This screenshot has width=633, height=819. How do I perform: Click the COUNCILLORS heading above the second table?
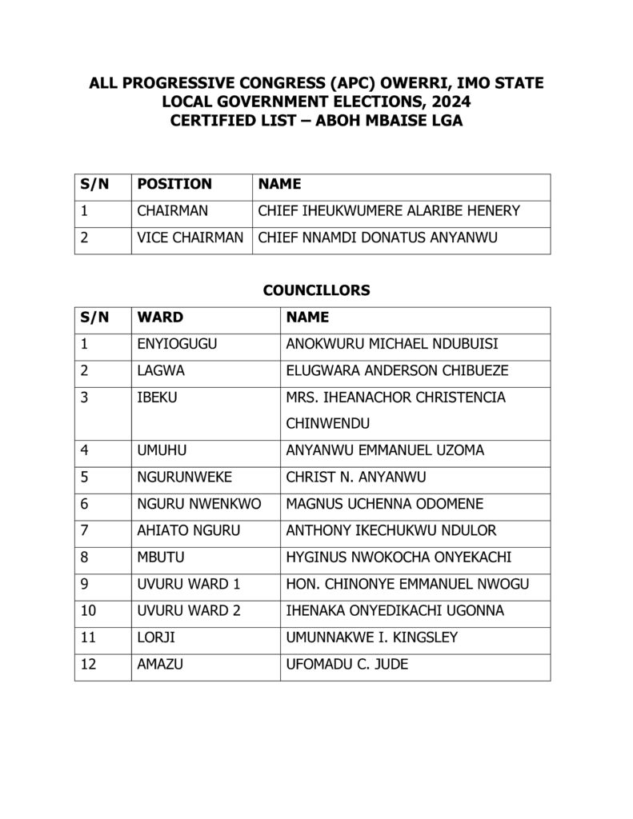click(x=316, y=290)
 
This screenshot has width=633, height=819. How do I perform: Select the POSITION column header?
click(x=174, y=184)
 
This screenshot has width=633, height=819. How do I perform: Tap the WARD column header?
click(x=160, y=318)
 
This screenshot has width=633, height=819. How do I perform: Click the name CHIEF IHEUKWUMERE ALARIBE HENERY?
click(x=389, y=211)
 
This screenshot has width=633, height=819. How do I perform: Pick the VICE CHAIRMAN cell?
click(x=190, y=238)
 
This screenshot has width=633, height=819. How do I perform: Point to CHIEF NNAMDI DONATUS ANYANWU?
click(x=380, y=238)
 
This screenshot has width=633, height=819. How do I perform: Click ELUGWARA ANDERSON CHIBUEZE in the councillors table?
click(x=397, y=371)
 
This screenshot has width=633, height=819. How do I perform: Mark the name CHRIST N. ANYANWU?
click(x=356, y=477)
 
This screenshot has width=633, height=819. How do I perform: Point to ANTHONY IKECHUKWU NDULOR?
click(x=391, y=530)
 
